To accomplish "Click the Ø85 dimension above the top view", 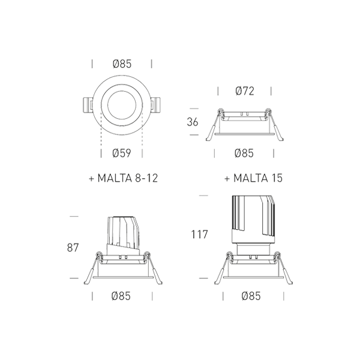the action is [122, 64].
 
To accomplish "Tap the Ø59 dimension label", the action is [122, 153].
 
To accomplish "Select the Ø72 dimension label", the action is [245, 91].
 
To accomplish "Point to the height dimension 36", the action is [193, 122].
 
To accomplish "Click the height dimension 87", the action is [73, 248].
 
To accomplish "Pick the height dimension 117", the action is [199, 235].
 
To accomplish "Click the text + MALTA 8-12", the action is [124, 178].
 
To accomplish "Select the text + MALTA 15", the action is [253, 178].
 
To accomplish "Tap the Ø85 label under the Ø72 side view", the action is [244, 153].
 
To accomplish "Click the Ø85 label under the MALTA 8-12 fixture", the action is [121, 296].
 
